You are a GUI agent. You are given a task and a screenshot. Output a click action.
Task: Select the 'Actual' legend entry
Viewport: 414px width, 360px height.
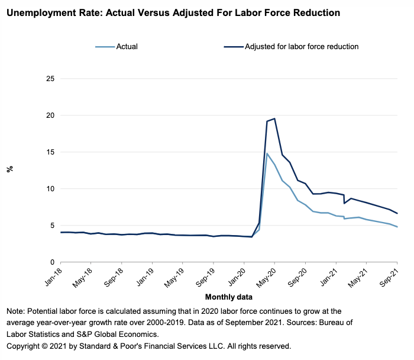coord(127,46)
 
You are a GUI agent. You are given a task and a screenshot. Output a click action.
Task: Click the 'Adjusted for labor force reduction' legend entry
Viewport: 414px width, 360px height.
coord(302,46)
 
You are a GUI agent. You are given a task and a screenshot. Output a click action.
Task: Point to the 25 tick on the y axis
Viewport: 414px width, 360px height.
coord(50,79)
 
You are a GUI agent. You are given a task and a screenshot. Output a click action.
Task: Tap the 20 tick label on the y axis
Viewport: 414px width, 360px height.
coord(50,115)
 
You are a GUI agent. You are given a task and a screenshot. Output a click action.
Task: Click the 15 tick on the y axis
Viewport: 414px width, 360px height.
coord(50,152)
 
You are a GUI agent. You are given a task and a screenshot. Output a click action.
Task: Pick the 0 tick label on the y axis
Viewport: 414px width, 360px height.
coord(53,262)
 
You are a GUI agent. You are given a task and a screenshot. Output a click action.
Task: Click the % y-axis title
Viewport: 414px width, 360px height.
coord(9,169)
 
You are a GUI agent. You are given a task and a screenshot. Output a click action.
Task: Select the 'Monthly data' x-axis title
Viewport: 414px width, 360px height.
coord(229,297)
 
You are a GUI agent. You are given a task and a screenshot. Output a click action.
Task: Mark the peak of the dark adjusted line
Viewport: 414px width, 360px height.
coord(274,118)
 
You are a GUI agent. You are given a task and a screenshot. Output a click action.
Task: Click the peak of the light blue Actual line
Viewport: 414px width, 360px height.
coord(267,153)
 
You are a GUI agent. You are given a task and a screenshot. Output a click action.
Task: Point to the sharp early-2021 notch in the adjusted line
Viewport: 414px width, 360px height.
coord(344,203)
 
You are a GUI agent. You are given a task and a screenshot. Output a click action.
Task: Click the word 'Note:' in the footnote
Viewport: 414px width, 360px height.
coord(16,311)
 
